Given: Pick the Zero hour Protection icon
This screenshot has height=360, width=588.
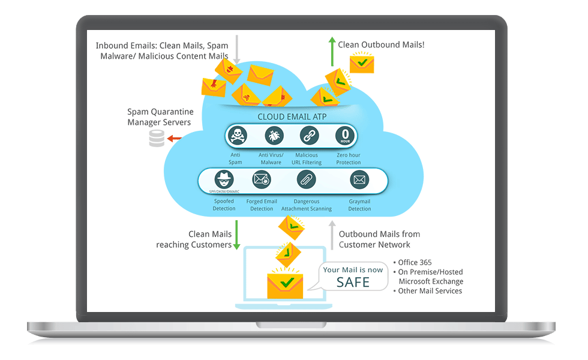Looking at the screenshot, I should [x=346, y=136].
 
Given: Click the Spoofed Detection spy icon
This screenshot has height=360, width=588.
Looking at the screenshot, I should [x=224, y=179].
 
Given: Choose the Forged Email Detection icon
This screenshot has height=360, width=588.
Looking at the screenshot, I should [x=262, y=179].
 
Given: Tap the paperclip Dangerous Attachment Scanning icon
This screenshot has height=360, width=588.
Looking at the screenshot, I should [x=306, y=179].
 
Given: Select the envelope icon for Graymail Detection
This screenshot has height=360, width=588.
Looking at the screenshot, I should [x=359, y=179].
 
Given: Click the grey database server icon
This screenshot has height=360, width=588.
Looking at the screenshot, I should [x=157, y=139].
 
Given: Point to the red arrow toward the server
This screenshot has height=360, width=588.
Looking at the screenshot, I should [x=175, y=139].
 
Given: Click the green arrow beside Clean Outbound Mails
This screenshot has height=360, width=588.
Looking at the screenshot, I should [x=331, y=50].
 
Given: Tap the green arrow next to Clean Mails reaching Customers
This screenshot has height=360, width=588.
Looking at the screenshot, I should [x=237, y=235].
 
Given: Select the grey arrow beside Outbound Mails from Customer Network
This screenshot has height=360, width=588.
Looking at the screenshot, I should [x=331, y=235].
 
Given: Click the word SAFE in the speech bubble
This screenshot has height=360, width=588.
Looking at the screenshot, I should [x=353, y=282].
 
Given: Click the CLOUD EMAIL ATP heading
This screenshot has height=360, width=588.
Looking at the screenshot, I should [x=292, y=117].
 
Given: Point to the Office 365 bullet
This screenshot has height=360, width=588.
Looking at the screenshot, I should [x=414, y=262].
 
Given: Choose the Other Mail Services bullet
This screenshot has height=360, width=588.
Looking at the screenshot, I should [x=429, y=291].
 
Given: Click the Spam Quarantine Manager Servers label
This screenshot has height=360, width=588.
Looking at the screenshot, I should [x=159, y=117].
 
